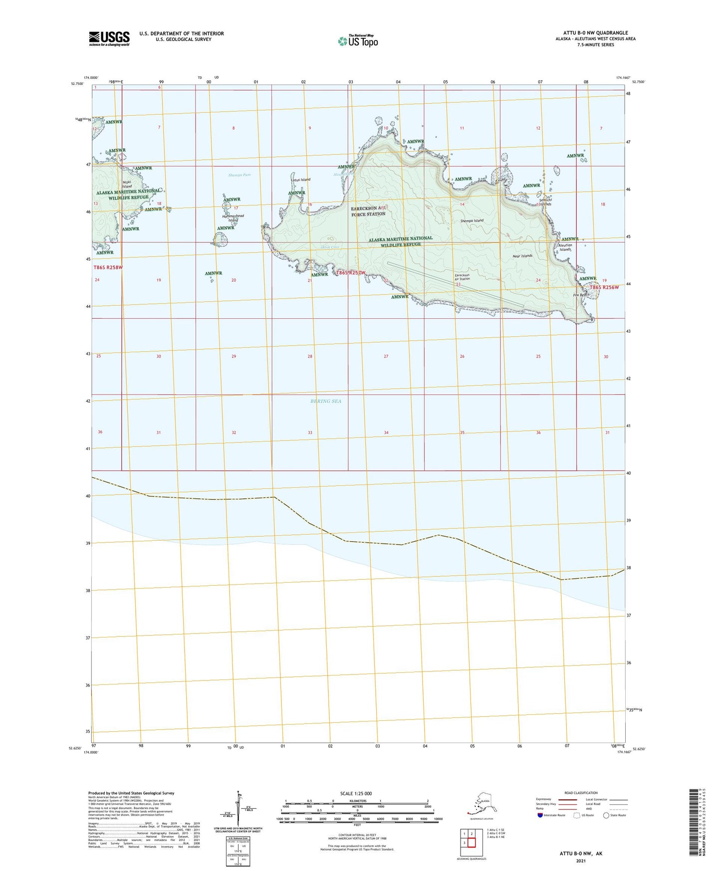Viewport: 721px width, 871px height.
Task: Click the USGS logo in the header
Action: click(x=109, y=38)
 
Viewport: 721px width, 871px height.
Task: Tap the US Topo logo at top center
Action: click(x=357, y=40)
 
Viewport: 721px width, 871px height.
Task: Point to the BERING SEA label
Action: click(x=326, y=401)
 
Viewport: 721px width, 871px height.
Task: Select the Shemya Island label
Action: click(x=472, y=220)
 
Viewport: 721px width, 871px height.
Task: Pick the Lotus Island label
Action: click(x=300, y=180)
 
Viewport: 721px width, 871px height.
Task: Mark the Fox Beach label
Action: click(x=581, y=295)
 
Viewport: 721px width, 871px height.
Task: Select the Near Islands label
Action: click(x=522, y=256)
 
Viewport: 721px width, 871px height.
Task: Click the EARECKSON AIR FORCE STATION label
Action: click(x=368, y=211)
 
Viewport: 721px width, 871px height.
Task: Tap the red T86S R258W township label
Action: click(x=108, y=267)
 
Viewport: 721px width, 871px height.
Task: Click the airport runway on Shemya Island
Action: click(x=456, y=285)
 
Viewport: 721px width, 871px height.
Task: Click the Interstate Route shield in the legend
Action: click(x=540, y=815)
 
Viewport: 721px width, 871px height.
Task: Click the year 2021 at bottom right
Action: click(x=580, y=861)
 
